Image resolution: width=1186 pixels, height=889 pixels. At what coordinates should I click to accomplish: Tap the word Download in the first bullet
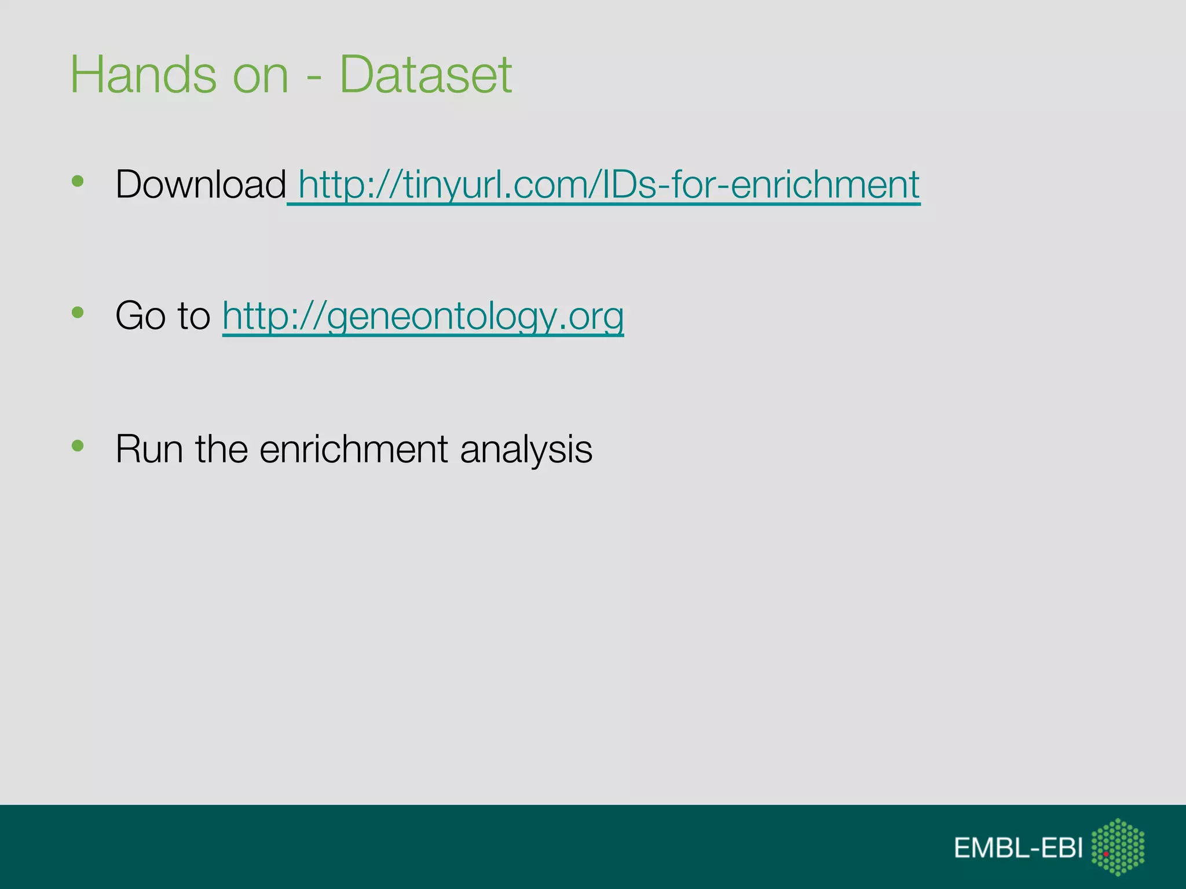(200, 184)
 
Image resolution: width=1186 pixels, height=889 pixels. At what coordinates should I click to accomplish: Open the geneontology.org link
(423, 316)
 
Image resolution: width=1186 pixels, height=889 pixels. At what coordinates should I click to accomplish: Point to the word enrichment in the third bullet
(353, 449)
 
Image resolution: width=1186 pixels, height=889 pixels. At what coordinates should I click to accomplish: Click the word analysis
(526, 450)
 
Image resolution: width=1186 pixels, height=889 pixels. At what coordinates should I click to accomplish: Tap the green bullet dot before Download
(78, 181)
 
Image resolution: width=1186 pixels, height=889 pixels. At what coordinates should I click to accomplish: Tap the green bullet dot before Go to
(78, 313)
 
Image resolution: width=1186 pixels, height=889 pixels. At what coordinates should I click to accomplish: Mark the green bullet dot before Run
(78, 446)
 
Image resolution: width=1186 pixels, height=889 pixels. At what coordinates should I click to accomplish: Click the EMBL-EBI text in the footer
(1018, 848)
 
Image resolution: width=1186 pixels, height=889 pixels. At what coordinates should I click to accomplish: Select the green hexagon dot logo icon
(1118, 847)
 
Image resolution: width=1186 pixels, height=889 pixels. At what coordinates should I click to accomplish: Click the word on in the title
(260, 75)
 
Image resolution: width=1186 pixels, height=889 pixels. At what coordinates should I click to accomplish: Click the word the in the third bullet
(222, 449)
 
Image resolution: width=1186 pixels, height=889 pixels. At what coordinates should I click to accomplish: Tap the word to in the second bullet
(193, 316)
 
